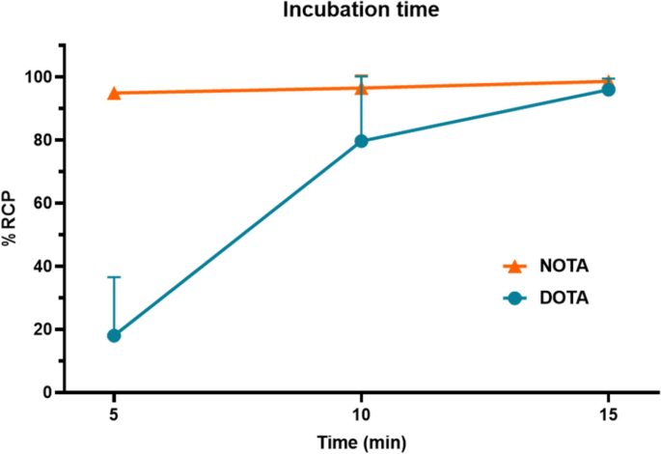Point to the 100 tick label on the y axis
pyautogui.click(x=38, y=77)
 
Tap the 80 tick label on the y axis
pyautogui.click(x=41, y=140)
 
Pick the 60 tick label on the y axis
pyautogui.click(x=41, y=203)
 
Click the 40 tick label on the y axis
pyautogui.click(x=41, y=267)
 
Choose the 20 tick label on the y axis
pyautogui.click(x=41, y=329)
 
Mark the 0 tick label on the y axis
pyautogui.click(x=45, y=393)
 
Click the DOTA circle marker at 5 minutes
pyautogui.click(x=114, y=335)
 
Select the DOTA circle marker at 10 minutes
pyautogui.click(x=361, y=141)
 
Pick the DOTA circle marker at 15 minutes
pyautogui.click(x=608, y=90)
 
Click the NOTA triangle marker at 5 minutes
pyautogui.click(x=114, y=93)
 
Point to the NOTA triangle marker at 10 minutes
pyautogui.click(x=361, y=88)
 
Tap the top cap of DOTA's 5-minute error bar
pyautogui.click(x=114, y=277)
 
